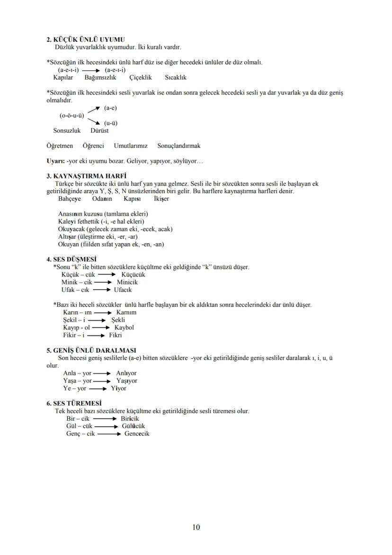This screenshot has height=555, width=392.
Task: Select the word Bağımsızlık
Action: [100, 77]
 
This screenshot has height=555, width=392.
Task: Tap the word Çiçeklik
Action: [140, 77]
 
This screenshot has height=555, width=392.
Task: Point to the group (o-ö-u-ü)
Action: [71, 115]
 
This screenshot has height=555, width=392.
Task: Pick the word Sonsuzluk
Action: [67, 130]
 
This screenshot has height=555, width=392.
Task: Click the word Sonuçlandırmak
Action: [178, 146]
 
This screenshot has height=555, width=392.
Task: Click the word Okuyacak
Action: [71, 229]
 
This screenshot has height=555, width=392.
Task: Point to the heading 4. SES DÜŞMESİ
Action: [71, 260]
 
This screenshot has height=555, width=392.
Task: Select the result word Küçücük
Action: [133, 274]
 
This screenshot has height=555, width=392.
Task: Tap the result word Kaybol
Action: [124, 328]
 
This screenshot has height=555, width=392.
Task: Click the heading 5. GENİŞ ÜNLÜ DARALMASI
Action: [91, 350]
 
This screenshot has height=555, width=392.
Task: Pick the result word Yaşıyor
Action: [126, 381]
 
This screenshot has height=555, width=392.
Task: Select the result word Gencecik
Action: [137, 434]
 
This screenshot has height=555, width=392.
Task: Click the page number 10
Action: [196, 528]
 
